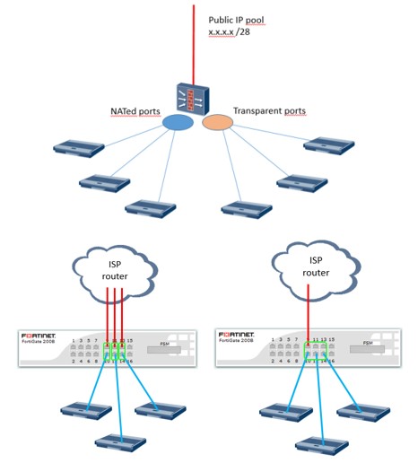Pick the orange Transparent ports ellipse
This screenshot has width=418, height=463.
click(217, 121)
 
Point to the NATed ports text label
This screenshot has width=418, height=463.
click(137, 112)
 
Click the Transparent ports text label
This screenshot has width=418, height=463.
click(269, 111)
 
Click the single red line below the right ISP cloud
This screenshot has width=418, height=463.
click(308, 314)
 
